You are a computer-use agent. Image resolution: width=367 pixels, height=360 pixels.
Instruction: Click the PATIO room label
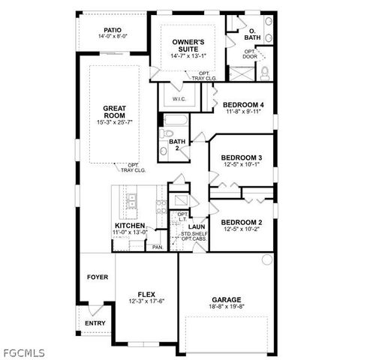tap(113, 30)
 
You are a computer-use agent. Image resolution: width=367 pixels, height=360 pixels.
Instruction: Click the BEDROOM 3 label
tap(241, 158)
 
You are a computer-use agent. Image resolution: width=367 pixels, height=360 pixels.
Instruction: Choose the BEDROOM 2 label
tap(242, 223)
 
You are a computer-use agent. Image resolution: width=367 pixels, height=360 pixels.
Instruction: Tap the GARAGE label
tap(226, 298)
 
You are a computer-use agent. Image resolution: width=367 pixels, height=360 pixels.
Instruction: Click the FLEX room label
tap(146, 294)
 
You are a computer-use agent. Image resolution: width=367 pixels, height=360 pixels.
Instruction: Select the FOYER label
tap(97, 277)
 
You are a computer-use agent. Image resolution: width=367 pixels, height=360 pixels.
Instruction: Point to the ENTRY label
tap(95, 323)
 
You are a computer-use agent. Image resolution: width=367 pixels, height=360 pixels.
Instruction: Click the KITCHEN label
tap(129, 226)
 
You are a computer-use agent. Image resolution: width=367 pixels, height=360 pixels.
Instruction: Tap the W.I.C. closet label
tap(179, 98)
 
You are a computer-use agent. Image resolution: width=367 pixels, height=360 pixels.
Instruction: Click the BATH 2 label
tap(176, 145)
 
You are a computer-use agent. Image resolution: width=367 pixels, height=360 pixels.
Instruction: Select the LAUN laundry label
tap(197, 226)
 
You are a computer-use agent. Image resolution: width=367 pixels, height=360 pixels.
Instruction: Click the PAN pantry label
tap(157, 247)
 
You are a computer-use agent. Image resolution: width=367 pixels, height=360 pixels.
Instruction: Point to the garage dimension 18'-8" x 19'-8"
tap(226, 306)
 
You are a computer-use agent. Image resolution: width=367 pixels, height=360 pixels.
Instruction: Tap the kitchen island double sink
tap(132, 200)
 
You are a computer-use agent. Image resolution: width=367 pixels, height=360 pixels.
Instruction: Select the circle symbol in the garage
tap(266, 259)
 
